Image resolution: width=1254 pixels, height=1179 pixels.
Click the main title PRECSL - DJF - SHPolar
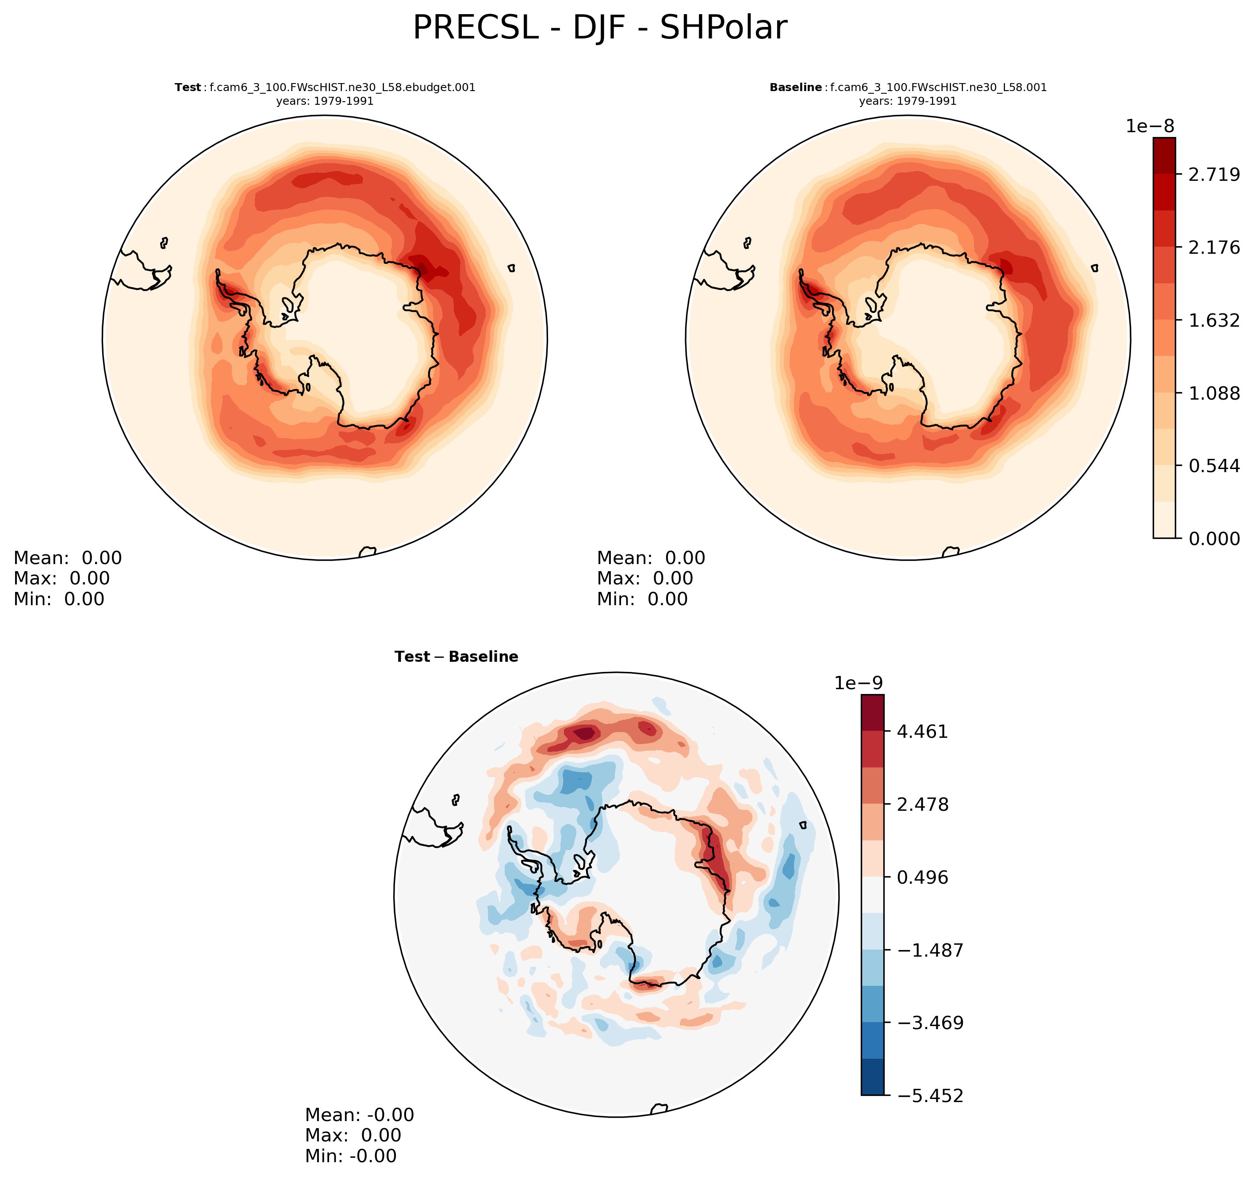[599, 28]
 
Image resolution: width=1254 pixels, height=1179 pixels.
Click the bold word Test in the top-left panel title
[188, 88]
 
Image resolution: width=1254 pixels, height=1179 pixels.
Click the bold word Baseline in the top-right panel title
[795, 88]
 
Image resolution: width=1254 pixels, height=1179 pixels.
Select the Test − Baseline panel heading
[456, 657]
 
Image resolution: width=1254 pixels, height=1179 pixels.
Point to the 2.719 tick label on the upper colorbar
[1214, 175]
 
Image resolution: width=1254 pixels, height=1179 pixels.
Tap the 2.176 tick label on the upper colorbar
[1214, 247]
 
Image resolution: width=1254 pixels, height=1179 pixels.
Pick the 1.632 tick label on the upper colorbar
[1214, 321]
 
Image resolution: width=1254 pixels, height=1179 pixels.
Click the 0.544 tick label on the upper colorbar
[1214, 466]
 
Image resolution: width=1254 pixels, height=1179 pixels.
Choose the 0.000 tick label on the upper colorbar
[1214, 539]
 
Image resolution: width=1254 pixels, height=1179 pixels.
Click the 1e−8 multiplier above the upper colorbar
[1150, 126]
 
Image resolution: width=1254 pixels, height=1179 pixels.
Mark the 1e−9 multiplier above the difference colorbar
[859, 683]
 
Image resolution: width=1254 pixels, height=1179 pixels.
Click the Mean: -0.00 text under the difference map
[360, 1115]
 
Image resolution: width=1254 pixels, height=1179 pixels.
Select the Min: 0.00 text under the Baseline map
[642, 599]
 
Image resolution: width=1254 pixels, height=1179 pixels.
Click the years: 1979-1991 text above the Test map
[325, 101]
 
